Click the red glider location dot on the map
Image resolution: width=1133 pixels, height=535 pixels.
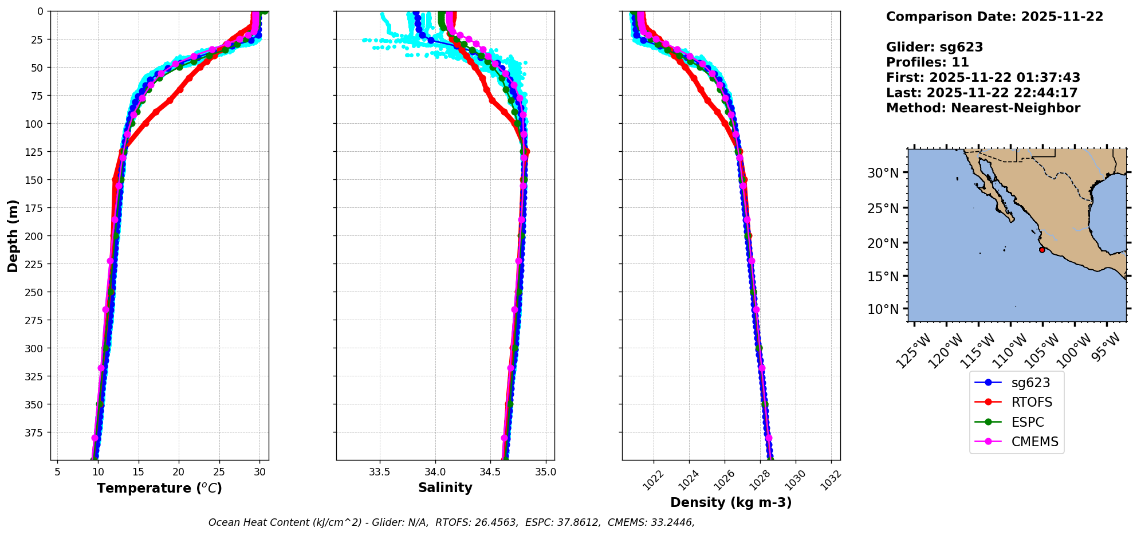coord(1042,250)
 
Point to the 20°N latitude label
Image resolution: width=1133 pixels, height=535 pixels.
coord(883,243)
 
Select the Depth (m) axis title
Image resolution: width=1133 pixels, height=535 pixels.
coord(13,235)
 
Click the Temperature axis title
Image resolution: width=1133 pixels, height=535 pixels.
coord(159,488)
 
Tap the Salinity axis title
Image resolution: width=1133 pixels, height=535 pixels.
coord(445,487)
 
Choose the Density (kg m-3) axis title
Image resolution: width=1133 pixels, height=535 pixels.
coord(731,502)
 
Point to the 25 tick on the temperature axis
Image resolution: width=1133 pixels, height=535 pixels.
coord(219,472)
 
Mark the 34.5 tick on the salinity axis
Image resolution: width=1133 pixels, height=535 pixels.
coord(490,472)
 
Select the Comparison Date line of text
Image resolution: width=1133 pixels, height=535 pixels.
coord(994,17)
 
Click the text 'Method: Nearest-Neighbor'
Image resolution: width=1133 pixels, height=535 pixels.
coord(983,108)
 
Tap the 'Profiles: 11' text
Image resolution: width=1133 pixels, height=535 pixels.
coord(927,62)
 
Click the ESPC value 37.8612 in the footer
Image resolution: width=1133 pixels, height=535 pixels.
coord(579,522)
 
